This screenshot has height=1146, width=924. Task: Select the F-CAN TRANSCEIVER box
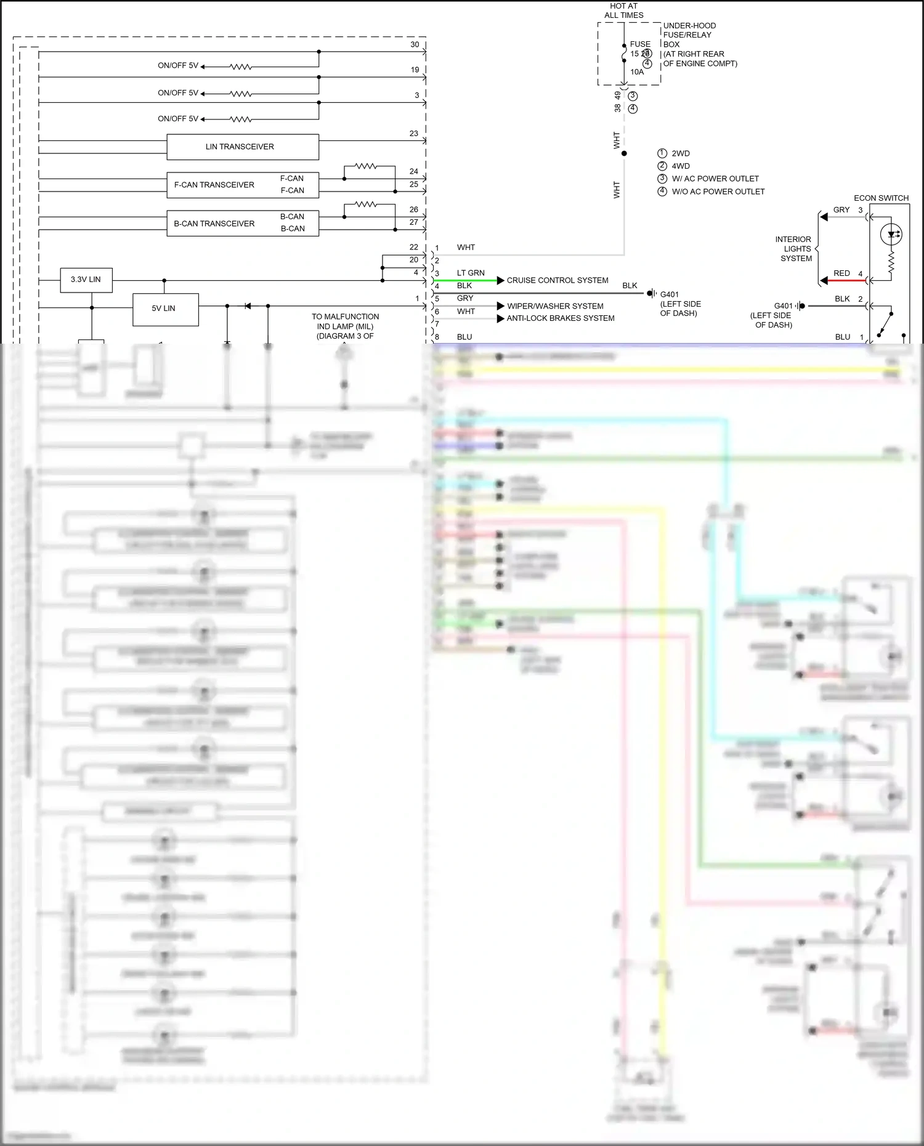[214, 185]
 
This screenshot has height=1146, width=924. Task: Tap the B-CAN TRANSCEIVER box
[214, 224]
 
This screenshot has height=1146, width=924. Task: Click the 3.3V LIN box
[86, 280]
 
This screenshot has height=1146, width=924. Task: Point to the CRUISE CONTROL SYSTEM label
[557, 280]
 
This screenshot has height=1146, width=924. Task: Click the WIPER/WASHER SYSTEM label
[554, 306]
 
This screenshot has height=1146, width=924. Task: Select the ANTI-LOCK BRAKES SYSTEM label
[560, 318]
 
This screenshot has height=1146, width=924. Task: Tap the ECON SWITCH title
[881, 198]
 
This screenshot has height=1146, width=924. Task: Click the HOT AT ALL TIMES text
[623, 10]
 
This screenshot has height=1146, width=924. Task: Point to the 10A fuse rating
[636, 72]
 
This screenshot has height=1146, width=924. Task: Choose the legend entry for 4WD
[680, 166]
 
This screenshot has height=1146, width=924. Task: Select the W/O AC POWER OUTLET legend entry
[718, 192]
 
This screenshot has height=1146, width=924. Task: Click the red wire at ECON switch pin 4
[848, 281]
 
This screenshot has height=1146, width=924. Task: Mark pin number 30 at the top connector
[415, 44]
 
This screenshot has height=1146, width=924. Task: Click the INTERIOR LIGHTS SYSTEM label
[795, 249]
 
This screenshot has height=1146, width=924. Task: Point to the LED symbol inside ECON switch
[891, 235]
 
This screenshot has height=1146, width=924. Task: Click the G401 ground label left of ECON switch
[783, 306]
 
